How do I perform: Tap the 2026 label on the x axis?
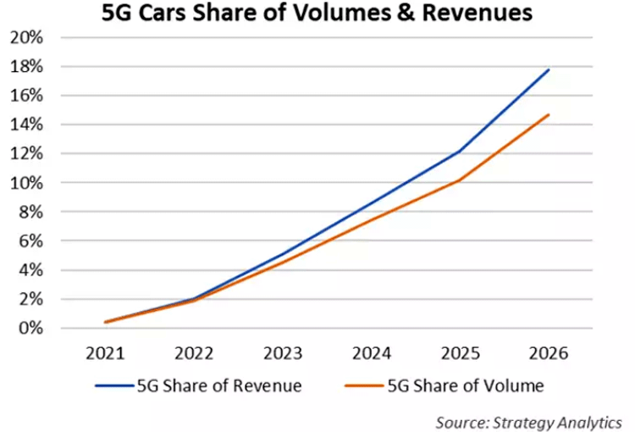549,352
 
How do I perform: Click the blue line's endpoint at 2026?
549,69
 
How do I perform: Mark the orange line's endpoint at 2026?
549,114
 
